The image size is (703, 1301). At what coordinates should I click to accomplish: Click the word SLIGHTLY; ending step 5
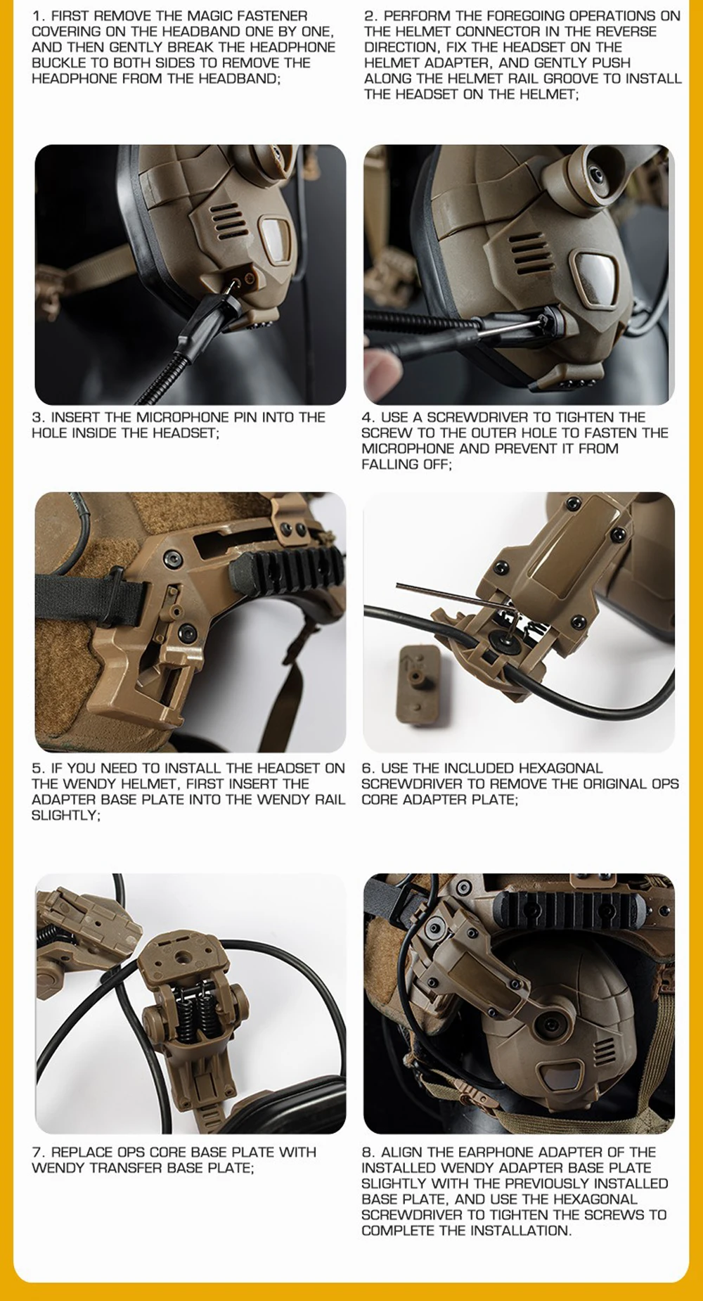pyautogui.click(x=65, y=815)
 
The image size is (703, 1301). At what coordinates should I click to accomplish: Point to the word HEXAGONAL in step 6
pyautogui.click(x=555, y=768)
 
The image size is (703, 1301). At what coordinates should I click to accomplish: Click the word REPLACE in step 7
pyautogui.click(x=82, y=1152)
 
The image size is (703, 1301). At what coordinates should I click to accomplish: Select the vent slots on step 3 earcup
pyautogui.click(x=229, y=219)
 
